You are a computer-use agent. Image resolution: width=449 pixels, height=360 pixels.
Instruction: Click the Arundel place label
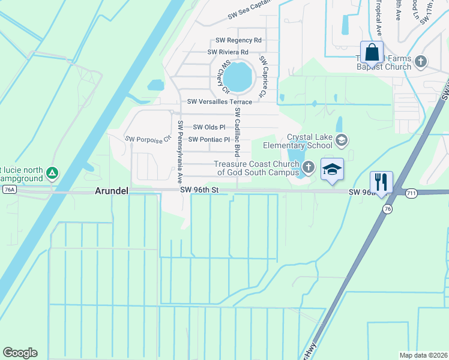coord(112,191)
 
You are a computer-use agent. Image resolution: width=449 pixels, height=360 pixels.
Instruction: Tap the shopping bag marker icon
coord(372,52)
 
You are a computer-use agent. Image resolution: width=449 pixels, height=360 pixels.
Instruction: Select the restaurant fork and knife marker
coord(381,181)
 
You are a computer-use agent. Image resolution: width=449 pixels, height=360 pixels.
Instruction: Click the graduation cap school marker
coord(332,169)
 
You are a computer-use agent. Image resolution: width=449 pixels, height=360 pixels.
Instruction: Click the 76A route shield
coord(8,190)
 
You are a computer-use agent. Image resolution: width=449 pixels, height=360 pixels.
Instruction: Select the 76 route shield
coord(387,208)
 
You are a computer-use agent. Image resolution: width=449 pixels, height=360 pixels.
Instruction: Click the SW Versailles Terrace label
coord(220,102)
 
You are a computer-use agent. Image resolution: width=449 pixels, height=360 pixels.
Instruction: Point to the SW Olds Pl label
coord(209,127)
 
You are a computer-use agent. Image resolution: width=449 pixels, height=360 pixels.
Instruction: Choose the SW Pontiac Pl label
coord(209,140)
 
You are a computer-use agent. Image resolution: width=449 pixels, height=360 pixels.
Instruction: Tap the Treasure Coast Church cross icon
coord(309,167)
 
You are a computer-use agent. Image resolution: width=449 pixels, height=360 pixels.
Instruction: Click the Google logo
coord(20,353)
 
